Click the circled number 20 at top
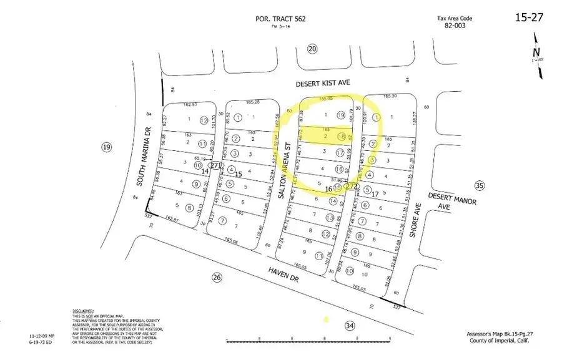pos(313,49)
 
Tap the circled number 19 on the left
pos(106,147)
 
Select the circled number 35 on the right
pos(479,185)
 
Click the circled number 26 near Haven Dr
pos(217,277)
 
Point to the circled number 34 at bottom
pos(350,325)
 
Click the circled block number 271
pos(216,166)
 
